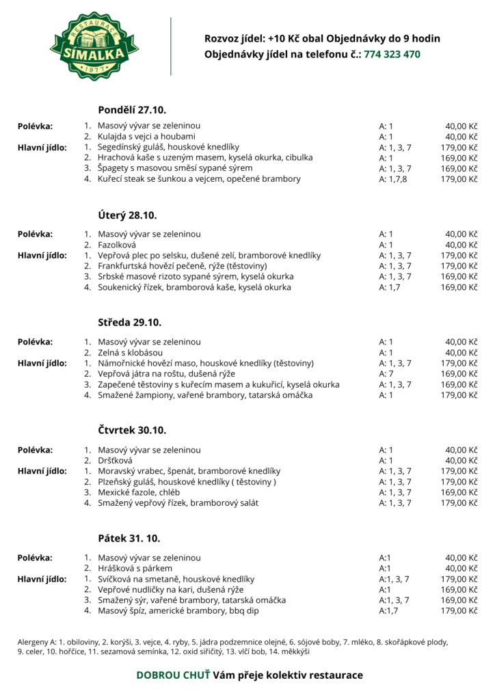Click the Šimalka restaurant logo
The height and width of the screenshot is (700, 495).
(x=94, y=46)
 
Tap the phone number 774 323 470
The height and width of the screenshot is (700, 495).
(x=392, y=54)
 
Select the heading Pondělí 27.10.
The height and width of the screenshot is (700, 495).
(x=132, y=109)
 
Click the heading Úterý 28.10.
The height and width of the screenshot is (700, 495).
(x=127, y=215)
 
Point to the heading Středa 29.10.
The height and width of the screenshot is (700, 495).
(x=129, y=323)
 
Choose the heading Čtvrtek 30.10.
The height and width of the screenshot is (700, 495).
(x=132, y=431)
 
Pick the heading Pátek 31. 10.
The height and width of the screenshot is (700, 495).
(x=129, y=538)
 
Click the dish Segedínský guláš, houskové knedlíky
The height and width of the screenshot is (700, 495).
(x=168, y=147)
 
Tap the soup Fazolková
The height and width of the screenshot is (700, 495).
(x=117, y=245)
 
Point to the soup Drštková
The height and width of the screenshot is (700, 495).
(x=116, y=461)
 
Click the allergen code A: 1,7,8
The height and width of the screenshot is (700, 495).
(x=393, y=179)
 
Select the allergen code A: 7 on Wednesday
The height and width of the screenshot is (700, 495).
(x=386, y=374)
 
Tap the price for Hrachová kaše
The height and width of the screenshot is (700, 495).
(x=459, y=158)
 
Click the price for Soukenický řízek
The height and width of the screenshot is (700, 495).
(x=459, y=287)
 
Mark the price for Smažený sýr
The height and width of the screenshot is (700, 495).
(x=459, y=600)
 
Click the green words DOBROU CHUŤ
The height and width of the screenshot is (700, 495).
(x=173, y=675)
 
